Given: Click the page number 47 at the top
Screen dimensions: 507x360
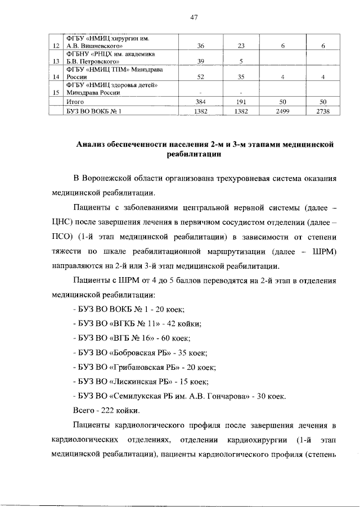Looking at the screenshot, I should (x=193, y=17).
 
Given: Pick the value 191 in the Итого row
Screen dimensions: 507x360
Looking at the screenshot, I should (x=240, y=102).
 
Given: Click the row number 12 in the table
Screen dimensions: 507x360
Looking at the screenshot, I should (x=55, y=46).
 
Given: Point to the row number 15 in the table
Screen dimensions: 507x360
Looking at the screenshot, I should (x=55, y=93).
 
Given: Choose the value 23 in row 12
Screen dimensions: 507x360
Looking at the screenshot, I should (x=240, y=46).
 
